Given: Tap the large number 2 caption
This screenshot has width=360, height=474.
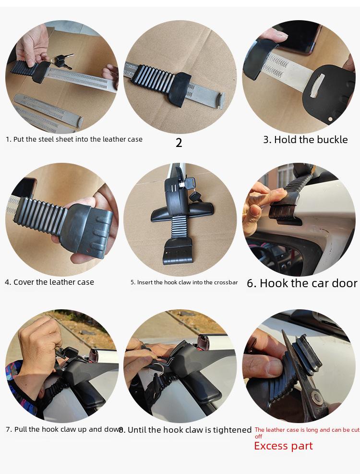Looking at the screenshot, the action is pos(179,143).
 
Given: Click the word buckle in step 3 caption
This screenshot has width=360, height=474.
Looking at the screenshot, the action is pos(332,140).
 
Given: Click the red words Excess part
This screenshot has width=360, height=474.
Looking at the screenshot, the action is pos(283,446).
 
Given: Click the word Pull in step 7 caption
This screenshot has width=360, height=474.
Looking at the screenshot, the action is pos(21,429).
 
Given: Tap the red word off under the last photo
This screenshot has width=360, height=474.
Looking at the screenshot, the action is pos(258,437).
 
